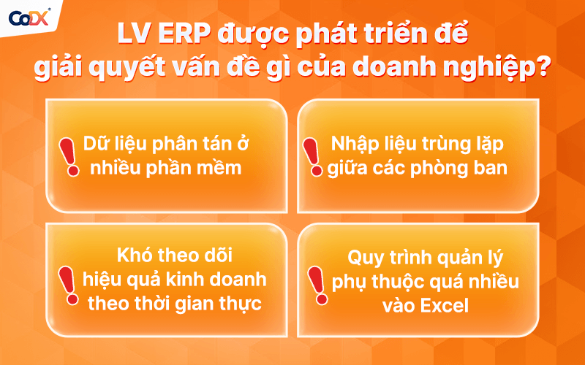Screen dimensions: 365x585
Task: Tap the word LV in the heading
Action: (134, 33)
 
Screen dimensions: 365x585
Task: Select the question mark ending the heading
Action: (543, 69)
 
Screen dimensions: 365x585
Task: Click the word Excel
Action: (443, 306)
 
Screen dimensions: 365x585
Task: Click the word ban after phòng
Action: (491, 168)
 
